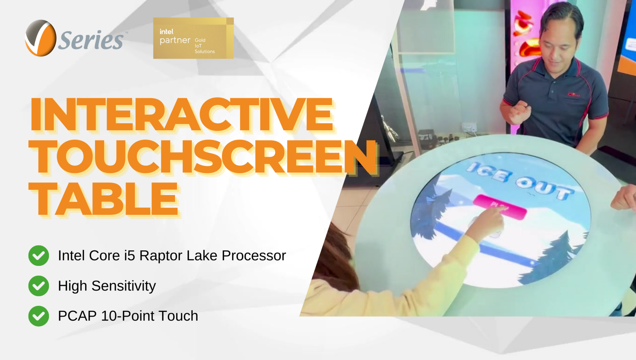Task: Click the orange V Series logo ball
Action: pyautogui.click(x=40, y=38)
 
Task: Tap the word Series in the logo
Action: pyautogui.click(x=91, y=40)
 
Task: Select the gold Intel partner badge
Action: pyautogui.click(x=193, y=38)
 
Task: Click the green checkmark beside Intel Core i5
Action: pyautogui.click(x=39, y=255)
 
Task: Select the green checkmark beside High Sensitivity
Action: pyautogui.click(x=39, y=286)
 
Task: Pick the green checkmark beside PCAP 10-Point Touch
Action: pyautogui.click(x=39, y=316)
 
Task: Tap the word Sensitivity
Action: pyautogui.click(x=123, y=286)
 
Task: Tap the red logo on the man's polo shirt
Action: pyautogui.click(x=574, y=94)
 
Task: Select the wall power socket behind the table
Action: pyautogui.click(x=469, y=127)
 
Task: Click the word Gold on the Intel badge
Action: pyautogui.click(x=200, y=40)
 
